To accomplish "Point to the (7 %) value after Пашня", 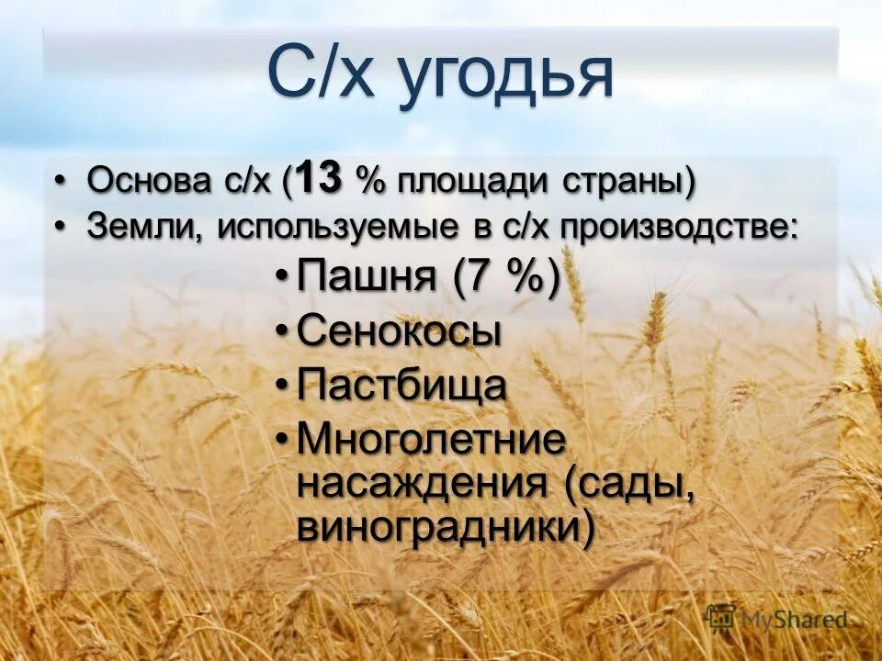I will click(505, 276).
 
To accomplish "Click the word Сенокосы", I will click(400, 331).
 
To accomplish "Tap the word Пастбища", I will click(401, 386).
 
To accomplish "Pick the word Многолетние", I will click(431, 440).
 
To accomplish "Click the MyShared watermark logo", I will click(777, 620).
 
